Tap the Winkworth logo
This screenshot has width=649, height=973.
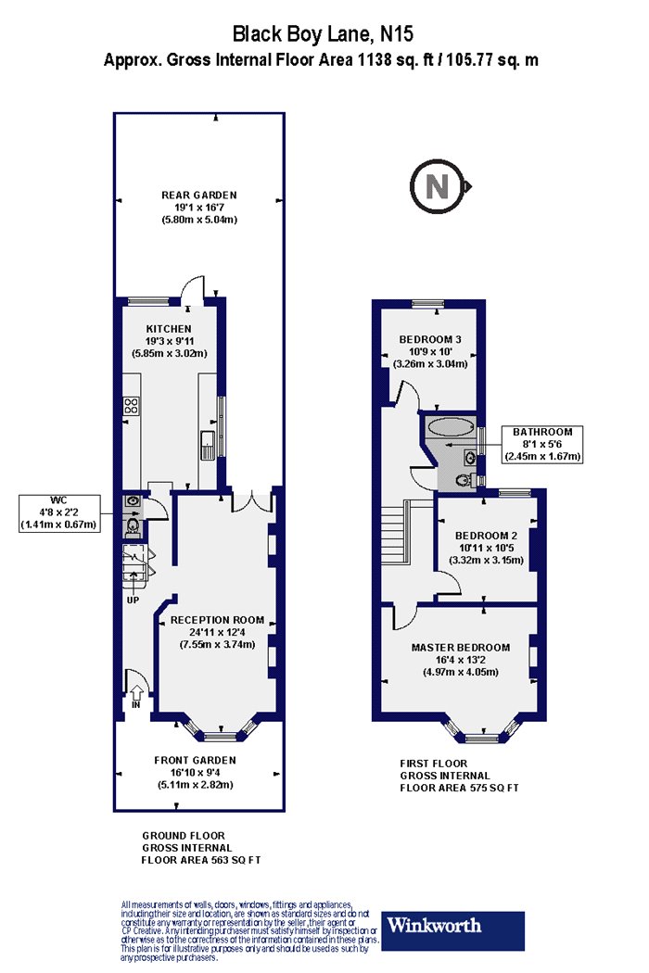coord(452,930)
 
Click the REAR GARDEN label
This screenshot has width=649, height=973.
coord(199,195)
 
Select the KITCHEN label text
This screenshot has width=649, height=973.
coord(169,329)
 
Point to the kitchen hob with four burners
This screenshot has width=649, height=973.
coord(131,406)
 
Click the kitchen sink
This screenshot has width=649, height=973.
coord(207,444)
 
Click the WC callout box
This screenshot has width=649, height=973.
coord(59,512)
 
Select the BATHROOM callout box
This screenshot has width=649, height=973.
coord(542,444)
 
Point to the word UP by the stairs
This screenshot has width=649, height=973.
coord(133,600)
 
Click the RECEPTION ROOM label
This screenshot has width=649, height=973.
coord(217,620)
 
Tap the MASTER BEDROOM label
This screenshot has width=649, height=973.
coord(461,647)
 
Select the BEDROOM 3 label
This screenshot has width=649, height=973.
coord(430,339)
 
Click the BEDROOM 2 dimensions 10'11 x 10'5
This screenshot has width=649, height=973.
coord(486,548)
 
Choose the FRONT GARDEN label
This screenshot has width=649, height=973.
coord(195,760)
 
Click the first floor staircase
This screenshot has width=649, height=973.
coord(396,534)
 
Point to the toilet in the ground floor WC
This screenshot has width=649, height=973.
coord(133,527)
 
